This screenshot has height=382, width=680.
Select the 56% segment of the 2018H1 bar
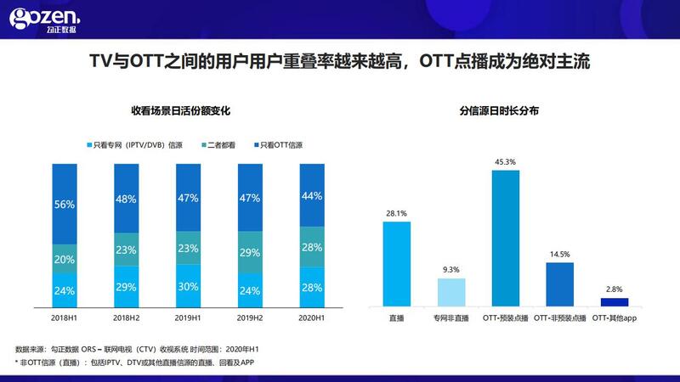coord(65,205)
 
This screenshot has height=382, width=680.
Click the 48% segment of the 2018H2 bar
coord(127,199)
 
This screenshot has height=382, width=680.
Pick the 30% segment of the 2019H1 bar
coord(189,287)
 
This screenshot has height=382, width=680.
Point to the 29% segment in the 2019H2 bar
coord(251,253)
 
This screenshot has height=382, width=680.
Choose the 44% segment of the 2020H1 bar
coord(312,195)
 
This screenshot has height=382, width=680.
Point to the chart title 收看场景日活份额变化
coord(180,110)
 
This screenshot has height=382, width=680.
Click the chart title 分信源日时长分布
coord(499,110)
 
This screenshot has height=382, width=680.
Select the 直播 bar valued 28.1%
coord(397,263)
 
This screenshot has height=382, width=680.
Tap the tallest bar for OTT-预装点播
coord(506,238)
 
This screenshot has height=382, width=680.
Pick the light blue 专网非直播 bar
coord(451,291)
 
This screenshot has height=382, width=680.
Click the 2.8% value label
coord(615,289)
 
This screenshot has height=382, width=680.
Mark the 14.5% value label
coord(560,255)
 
